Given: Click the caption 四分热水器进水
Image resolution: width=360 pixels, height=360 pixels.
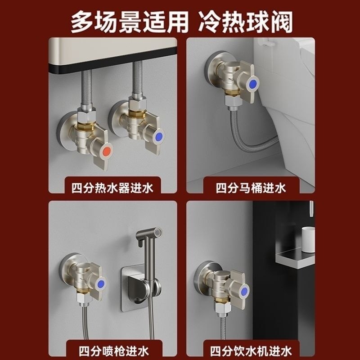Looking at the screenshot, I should tap(112, 187).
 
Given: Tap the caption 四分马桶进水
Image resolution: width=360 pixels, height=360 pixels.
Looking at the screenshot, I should tap(251, 187).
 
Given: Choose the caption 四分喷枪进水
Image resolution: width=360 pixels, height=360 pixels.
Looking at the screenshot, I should tap(112, 349).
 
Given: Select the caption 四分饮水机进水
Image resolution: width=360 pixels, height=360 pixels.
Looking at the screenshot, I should tap(251, 349).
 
